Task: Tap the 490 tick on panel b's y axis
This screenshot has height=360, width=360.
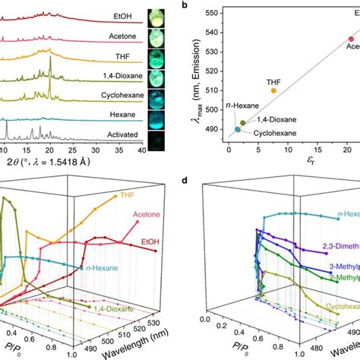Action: [214, 129]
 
